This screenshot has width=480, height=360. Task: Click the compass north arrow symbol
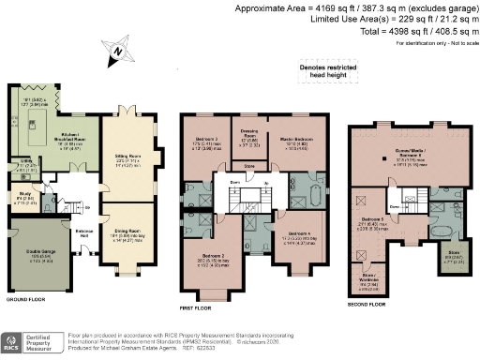116,51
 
